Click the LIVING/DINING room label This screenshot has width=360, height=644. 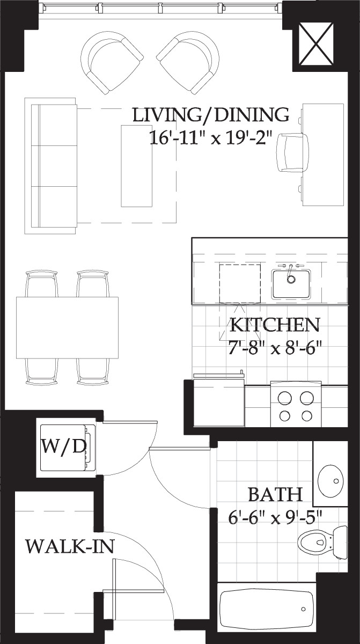(211, 115)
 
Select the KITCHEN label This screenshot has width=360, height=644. (275, 325)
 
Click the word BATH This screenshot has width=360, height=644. (275, 493)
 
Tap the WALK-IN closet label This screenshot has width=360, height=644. (70, 547)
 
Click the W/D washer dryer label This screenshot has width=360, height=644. (64, 446)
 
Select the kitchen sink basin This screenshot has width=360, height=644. (290, 284)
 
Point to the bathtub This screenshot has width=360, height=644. (267, 610)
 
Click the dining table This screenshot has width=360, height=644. (67, 327)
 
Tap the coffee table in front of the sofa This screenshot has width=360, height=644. (136, 165)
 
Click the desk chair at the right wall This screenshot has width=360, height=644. (292, 152)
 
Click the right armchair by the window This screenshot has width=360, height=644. (189, 62)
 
